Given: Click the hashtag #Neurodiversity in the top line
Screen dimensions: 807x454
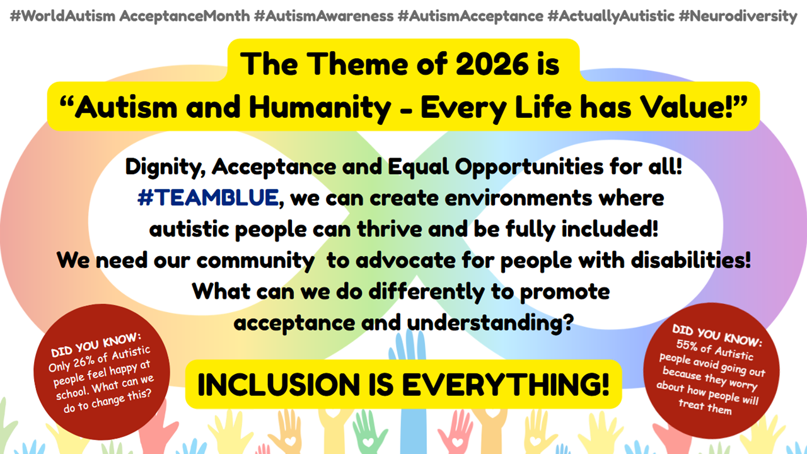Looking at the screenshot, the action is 738,16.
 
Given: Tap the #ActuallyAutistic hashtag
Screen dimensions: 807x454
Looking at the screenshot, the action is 611,16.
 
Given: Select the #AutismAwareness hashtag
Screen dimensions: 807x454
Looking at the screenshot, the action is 324,16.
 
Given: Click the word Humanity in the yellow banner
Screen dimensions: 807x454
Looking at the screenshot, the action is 320,107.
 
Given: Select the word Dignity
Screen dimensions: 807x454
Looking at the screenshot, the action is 166,168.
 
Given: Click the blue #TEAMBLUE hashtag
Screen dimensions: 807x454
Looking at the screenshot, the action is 208,198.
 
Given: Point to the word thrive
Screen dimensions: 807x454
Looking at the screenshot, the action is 390,229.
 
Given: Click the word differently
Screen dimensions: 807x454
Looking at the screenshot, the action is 427,291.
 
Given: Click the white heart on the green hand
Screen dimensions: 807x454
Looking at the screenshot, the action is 368,442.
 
